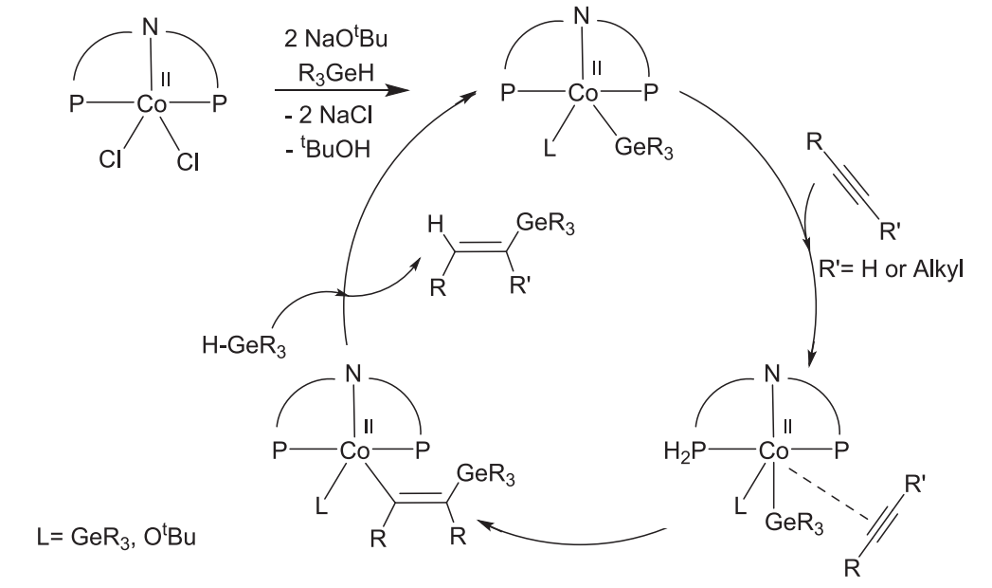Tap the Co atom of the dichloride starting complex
click(152, 105)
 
